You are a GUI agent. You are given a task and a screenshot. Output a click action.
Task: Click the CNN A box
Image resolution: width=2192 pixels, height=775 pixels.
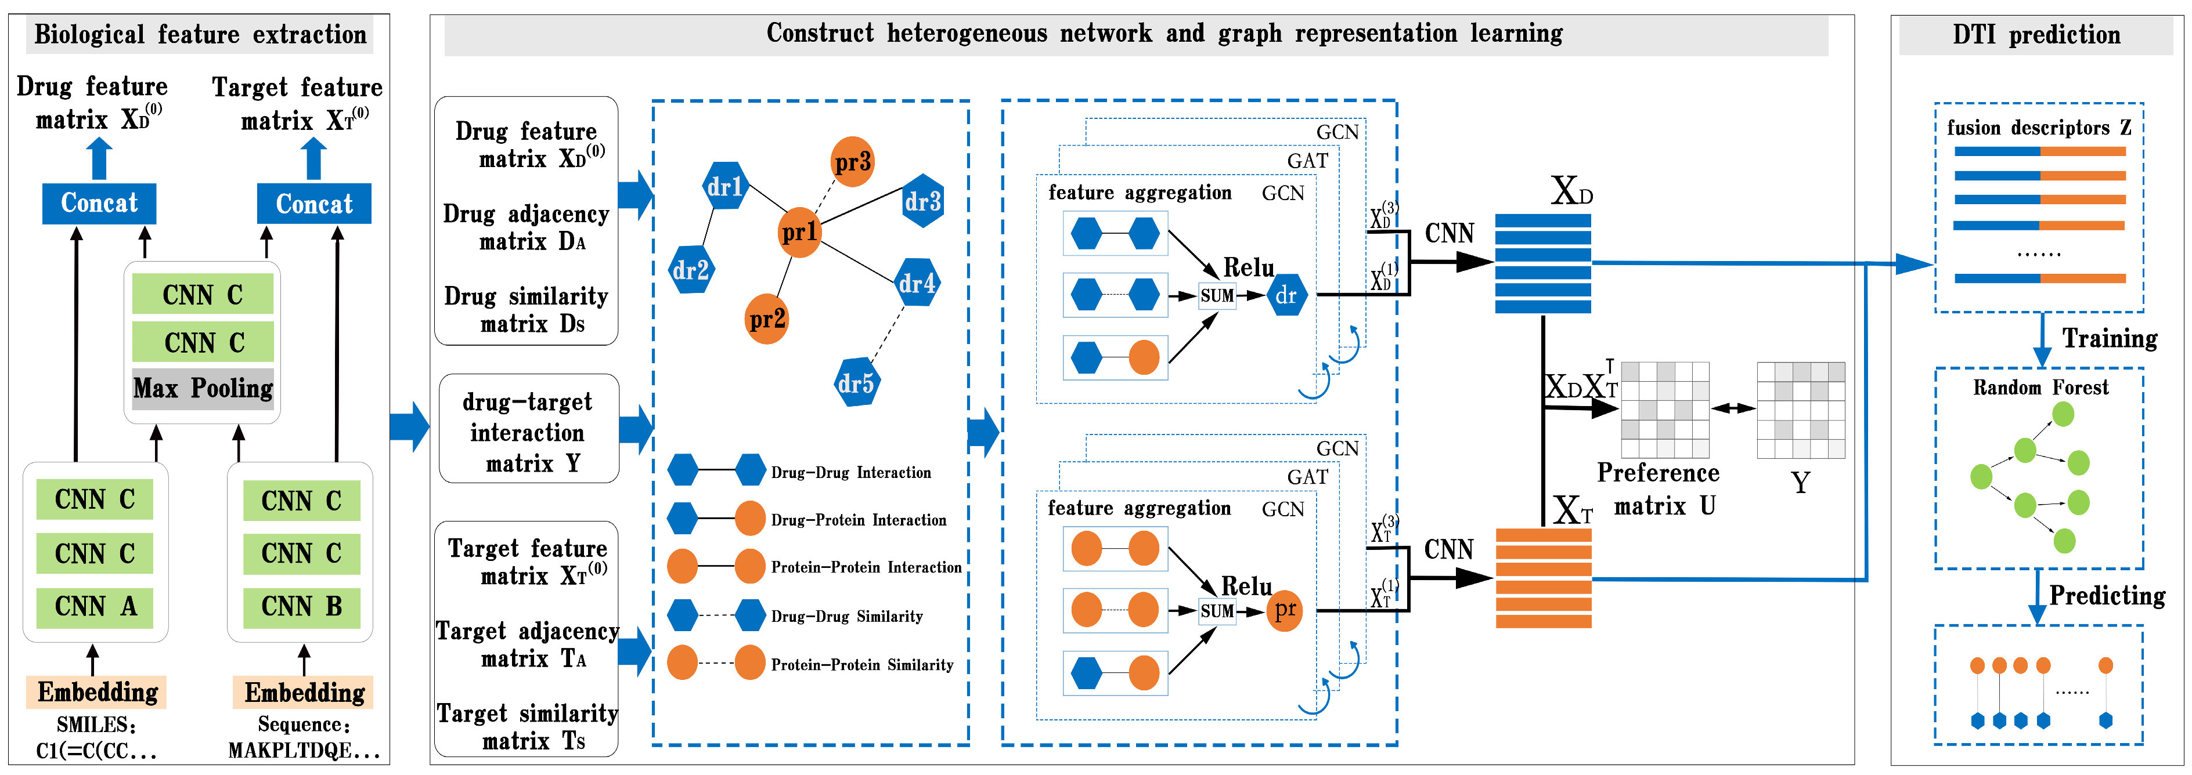pyautogui.click(x=95, y=607)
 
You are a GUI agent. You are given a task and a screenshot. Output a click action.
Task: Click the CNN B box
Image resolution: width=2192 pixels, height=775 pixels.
pyautogui.click(x=301, y=607)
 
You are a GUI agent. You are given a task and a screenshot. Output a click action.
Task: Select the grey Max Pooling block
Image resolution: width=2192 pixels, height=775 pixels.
pyautogui.click(x=203, y=389)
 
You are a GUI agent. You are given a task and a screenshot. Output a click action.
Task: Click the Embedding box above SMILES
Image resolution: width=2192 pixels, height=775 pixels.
pyautogui.click(x=97, y=691)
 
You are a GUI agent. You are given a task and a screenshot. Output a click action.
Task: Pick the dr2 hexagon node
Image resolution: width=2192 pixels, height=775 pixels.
pyautogui.click(x=691, y=270)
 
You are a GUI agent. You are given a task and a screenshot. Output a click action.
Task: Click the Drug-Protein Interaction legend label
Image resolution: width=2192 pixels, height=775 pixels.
pyautogui.click(x=858, y=520)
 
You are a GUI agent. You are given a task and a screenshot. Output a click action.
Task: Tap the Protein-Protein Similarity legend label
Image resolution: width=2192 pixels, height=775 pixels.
pyautogui.click(x=861, y=664)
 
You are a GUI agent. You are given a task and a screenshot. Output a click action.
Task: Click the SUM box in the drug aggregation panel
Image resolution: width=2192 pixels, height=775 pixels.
pyautogui.click(x=1217, y=296)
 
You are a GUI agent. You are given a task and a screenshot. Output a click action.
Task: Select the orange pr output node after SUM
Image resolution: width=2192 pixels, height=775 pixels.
pyautogui.click(x=1285, y=610)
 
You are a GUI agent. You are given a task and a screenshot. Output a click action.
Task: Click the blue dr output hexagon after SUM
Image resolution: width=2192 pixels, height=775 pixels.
pyautogui.click(x=1286, y=296)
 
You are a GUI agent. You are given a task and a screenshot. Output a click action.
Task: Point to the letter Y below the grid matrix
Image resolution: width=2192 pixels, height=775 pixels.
pyautogui.click(x=1800, y=483)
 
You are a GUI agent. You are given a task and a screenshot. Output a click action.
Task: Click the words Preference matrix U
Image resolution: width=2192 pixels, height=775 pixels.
pyautogui.click(x=1657, y=489)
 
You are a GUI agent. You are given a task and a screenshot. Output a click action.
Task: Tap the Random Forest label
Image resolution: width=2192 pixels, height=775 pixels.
pyautogui.click(x=2040, y=388)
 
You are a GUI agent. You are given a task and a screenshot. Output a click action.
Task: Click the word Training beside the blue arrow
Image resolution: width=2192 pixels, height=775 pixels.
pyautogui.click(x=2108, y=339)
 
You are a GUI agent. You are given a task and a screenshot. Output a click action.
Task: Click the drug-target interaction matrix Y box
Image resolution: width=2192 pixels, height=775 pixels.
pyautogui.click(x=528, y=432)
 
